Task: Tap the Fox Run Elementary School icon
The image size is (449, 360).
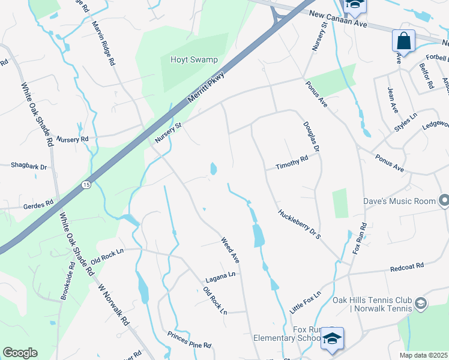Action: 332,340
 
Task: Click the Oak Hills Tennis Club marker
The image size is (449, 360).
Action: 420,304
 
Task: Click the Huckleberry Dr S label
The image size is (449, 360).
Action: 299,224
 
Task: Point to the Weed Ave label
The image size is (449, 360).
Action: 230,250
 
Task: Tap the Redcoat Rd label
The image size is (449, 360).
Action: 406,265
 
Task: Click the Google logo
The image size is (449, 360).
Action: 20,352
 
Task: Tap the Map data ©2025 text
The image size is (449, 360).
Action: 424,355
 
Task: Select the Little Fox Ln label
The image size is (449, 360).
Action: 306,299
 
